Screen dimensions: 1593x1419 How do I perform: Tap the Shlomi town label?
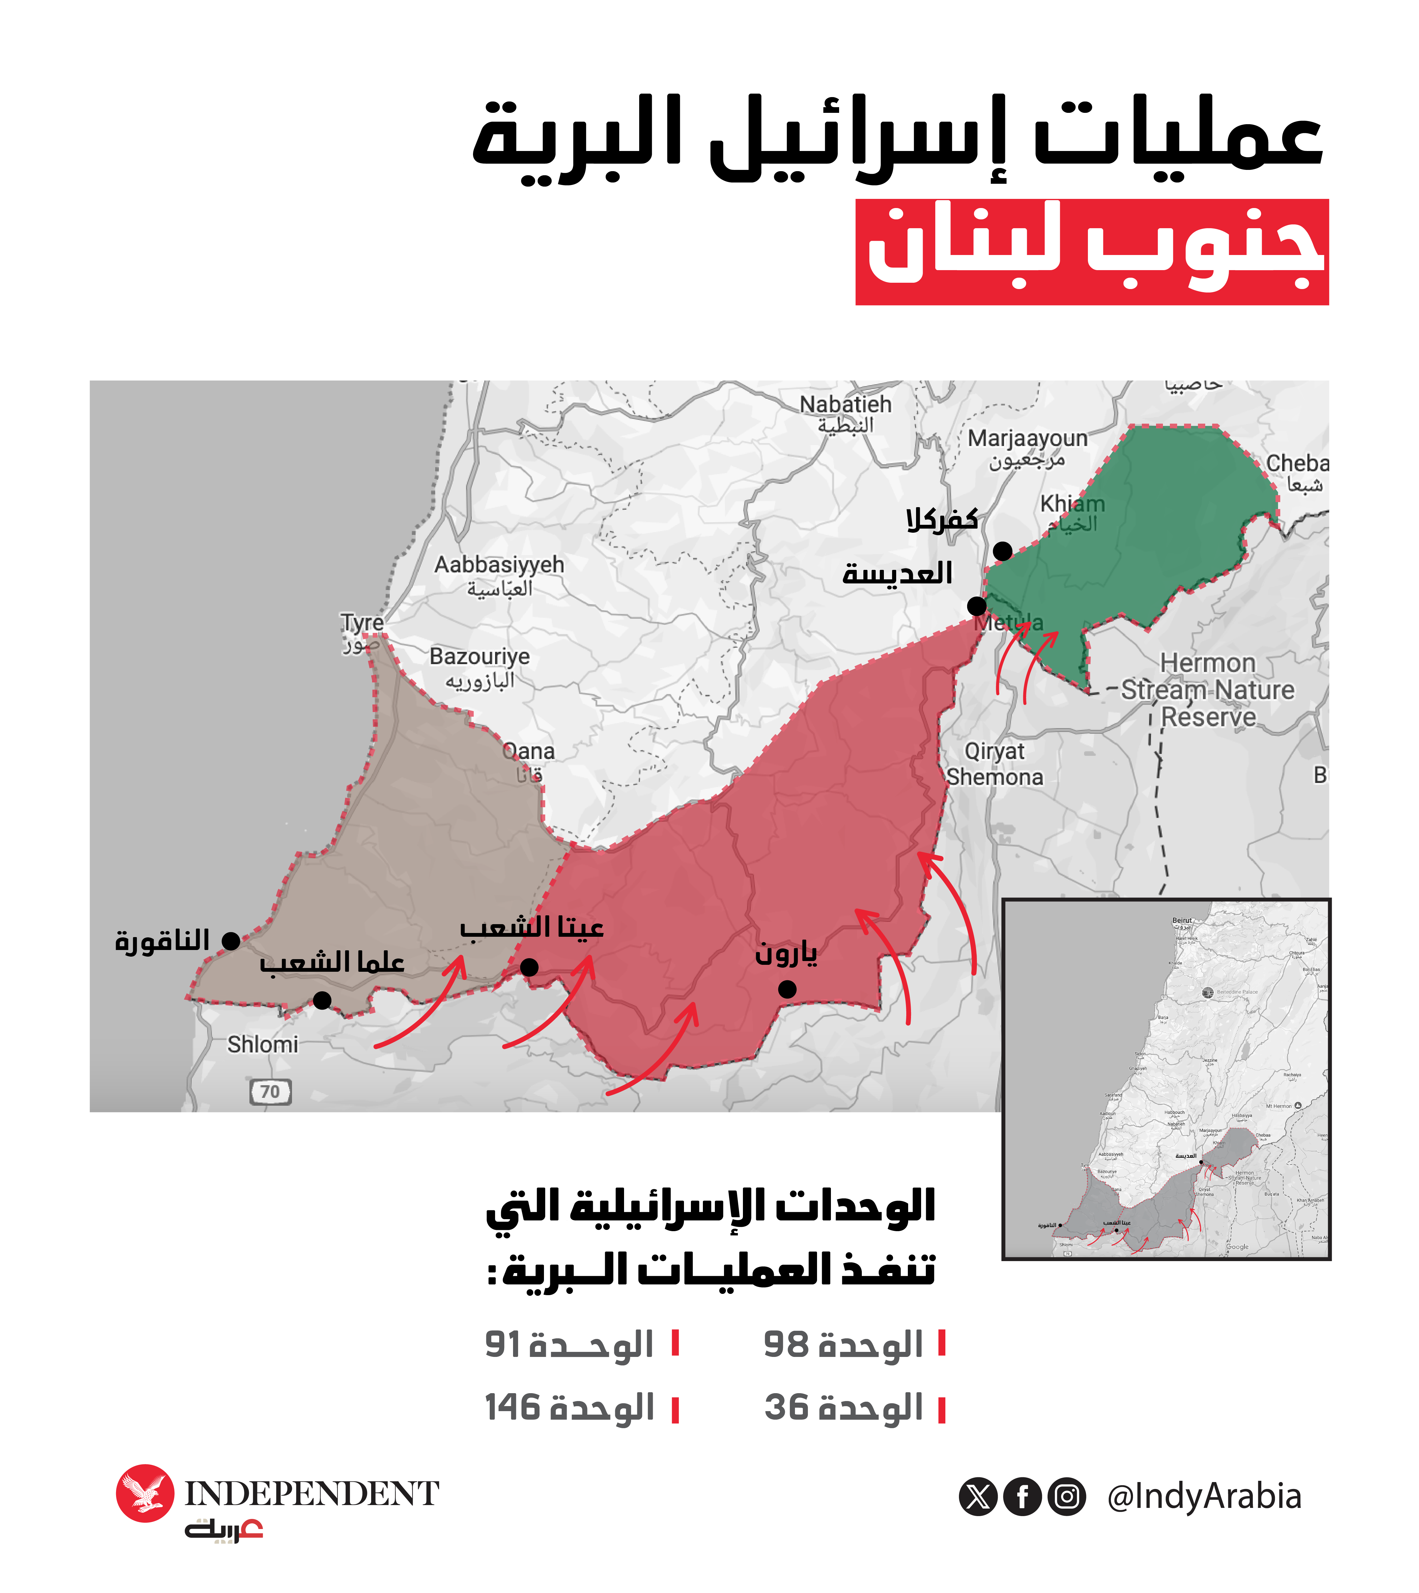263,1044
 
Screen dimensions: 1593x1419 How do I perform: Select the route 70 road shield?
270,1092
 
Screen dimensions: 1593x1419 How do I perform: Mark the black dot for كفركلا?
1003,551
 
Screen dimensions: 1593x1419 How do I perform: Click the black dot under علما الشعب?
322,1000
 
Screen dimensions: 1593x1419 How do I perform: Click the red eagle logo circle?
145,1493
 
